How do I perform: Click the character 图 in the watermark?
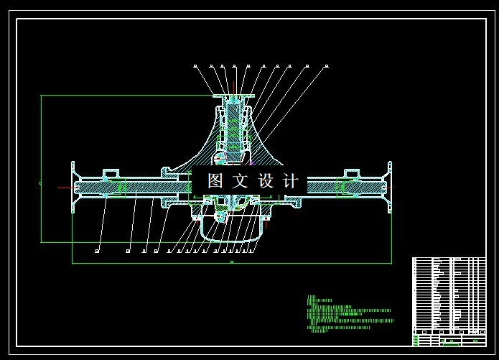pyautogui.click(x=215, y=181)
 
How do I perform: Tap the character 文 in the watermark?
pyautogui.click(x=241, y=181)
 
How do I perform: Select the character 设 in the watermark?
pyautogui.click(x=266, y=181)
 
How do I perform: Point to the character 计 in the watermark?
pyautogui.click(x=292, y=181)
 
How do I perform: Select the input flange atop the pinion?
pyautogui.click(x=233, y=96)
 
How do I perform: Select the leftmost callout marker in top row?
pyautogui.click(x=195, y=66)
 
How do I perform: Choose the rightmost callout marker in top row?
pyautogui.click(x=327, y=66)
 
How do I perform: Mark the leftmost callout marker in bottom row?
pyautogui.click(x=98, y=251)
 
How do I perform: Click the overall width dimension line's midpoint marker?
pyautogui.click(x=231, y=264)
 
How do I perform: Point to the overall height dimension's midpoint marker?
pyautogui.click(x=41, y=183)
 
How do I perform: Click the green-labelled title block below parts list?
pyautogui.click(x=449, y=339)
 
